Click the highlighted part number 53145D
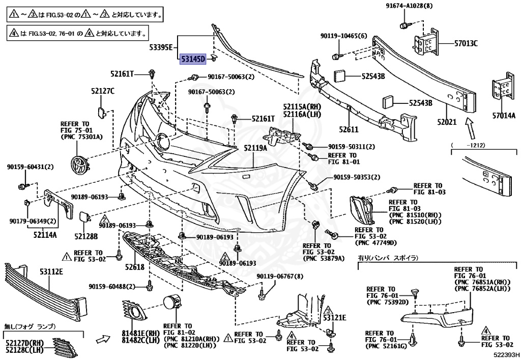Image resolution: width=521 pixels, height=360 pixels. tap(192, 60)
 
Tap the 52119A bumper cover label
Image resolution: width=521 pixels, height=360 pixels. tap(255, 148)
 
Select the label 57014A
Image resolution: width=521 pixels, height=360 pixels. tap(504, 116)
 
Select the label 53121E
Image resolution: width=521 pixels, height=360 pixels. tap(334, 318)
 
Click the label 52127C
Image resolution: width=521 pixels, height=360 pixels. tap(103, 91)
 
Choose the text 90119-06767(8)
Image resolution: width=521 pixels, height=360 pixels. tap(280, 276)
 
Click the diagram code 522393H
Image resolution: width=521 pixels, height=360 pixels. tap(506, 354)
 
